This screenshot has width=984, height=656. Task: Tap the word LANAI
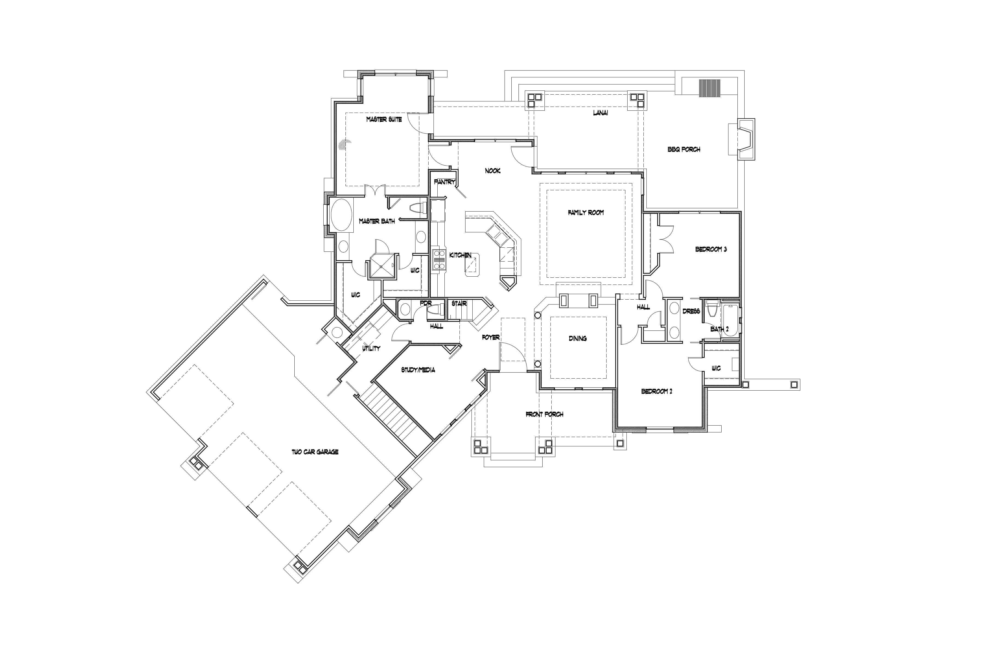[x=600, y=113]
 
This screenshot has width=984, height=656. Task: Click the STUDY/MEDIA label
[x=418, y=370]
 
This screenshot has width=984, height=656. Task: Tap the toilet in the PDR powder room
[x=435, y=310]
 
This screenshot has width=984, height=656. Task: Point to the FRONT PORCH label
[x=544, y=414]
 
